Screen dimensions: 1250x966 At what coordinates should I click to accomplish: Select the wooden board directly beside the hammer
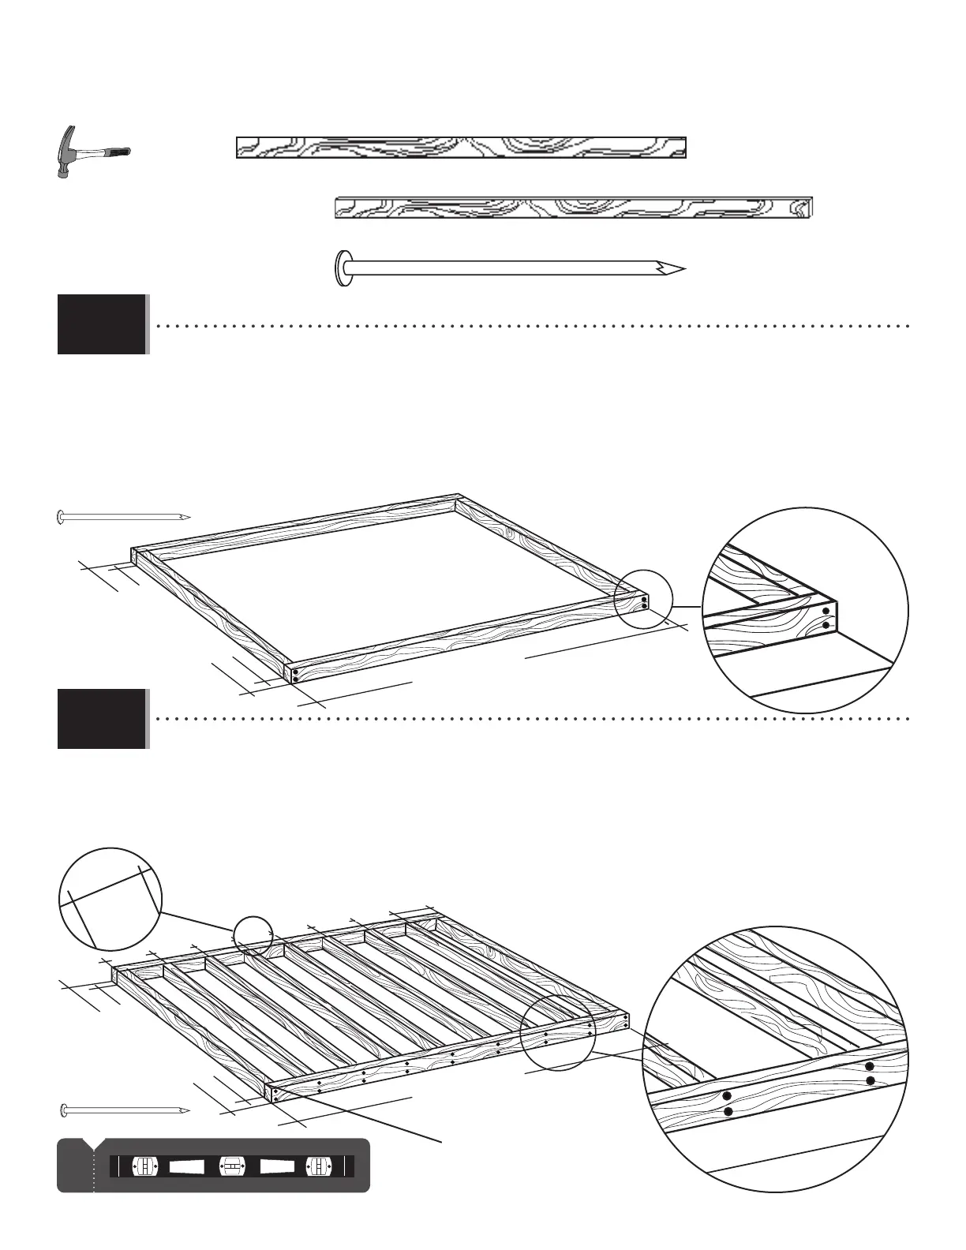pyautogui.click(x=461, y=148)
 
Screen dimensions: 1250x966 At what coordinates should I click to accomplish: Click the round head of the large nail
pyautogui.click(x=343, y=268)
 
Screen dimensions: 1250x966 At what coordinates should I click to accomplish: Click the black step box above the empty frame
pyautogui.click(x=102, y=324)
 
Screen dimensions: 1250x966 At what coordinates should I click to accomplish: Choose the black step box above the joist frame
pyautogui.click(x=102, y=719)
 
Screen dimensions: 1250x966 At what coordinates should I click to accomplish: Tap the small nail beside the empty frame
pyautogui.click(x=123, y=518)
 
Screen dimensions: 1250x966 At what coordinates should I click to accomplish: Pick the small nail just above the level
pyautogui.click(x=125, y=1111)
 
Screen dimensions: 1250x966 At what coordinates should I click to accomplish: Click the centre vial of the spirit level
pyautogui.click(x=230, y=1166)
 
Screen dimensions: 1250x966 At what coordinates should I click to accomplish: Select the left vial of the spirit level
pyautogui.click(x=144, y=1166)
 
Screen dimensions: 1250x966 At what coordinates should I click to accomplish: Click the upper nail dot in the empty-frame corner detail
pyautogui.click(x=826, y=610)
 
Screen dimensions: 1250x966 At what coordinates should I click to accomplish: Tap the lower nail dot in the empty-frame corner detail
pyautogui.click(x=826, y=626)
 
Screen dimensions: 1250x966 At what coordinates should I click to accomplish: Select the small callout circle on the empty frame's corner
pyautogui.click(x=642, y=600)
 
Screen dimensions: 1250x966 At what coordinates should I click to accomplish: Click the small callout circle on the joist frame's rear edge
pyautogui.click(x=253, y=935)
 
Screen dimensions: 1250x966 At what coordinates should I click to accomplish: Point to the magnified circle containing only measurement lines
pyautogui.click(x=110, y=899)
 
